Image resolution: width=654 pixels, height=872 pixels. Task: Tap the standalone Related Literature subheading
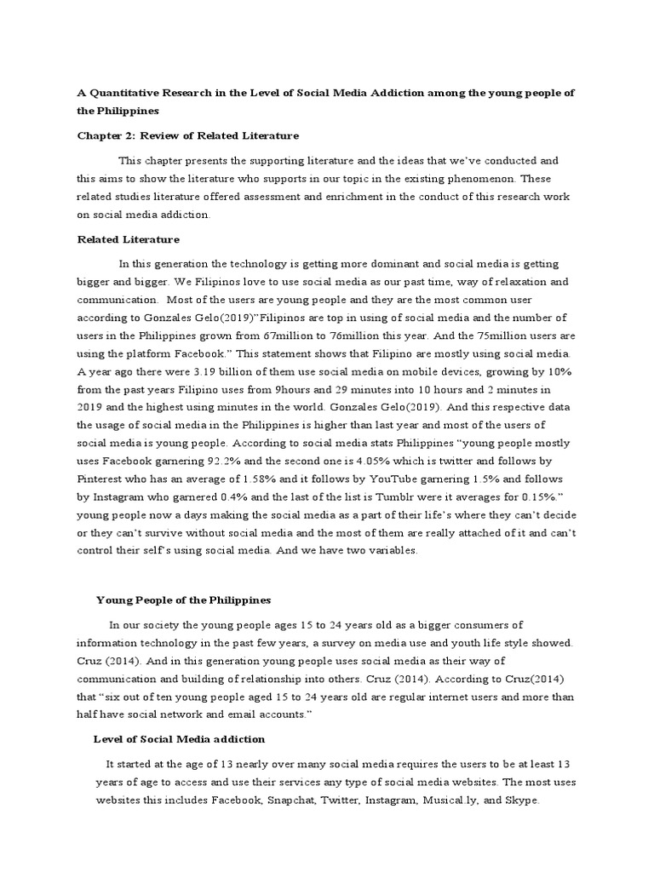click(128, 239)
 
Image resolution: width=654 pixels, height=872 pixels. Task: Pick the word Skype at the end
click(522, 801)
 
